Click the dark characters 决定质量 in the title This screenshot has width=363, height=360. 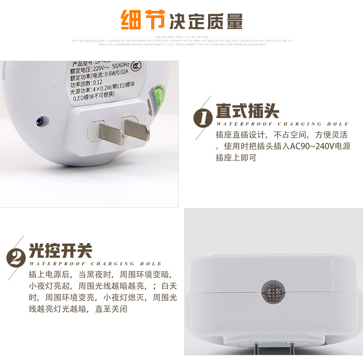point(206,20)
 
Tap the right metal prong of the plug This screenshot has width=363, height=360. point(137,129)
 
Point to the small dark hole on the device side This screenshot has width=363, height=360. point(40,122)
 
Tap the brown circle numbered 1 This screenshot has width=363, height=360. point(203,118)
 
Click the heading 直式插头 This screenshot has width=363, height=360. point(248,111)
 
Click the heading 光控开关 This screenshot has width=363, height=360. point(61,251)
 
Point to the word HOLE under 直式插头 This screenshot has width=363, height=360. point(338,124)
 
